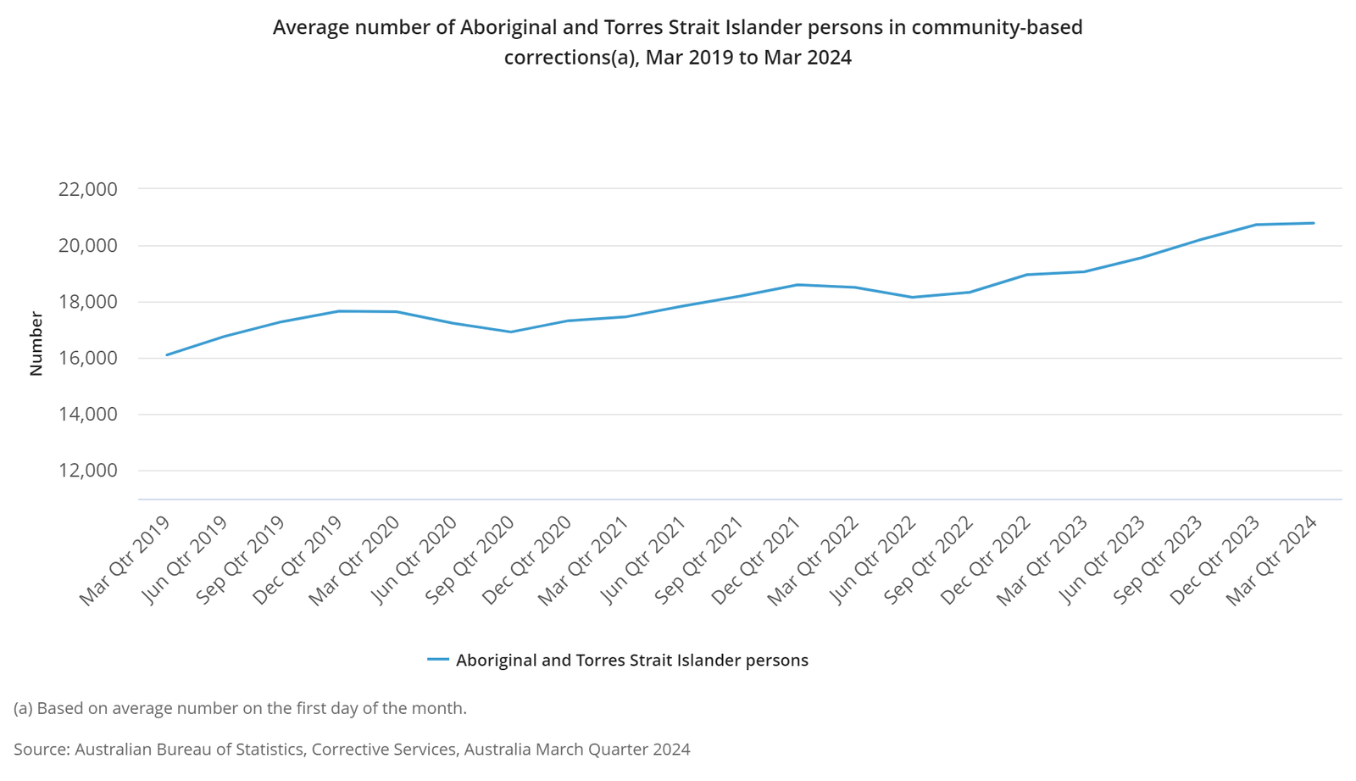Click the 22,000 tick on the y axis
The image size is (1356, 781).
pyautogui.click(x=87, y=189)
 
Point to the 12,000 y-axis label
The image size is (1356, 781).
pyautogui.click(x=87, y=471)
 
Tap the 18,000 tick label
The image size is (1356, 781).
pyautogui.click(x=87, y=302)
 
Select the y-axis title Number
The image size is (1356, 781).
pyautogui.click(x=36, y=343)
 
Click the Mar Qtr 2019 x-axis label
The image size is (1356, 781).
pyautogui.click(x=125, y=561)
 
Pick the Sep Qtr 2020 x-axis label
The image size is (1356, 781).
pyautogui.click(x=470, y=561)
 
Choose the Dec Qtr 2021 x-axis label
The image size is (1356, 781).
pyautogui.click(x=756, y=561)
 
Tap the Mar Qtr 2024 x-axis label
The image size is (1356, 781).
pyautogui.click(x=1272, y=561)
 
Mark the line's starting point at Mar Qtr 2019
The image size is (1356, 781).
pyautogui.click(x=167, y=354)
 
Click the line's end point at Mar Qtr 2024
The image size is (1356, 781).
pyautogui.click(x=1314, y=223)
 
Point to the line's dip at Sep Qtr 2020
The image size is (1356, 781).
pyautogui.click(x=511, y=332)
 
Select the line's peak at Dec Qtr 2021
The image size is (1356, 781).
pyautogui.click(x=797, y=285)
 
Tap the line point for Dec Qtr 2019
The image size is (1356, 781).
pyautogui.click(x=339, y=311)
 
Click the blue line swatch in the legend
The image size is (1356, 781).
pyautogui.click(x=437, y=660)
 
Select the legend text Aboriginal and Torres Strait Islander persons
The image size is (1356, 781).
pyautogui.click(x=631, y=661)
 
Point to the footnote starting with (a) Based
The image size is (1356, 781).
pyautogui.click(x=240, y=708)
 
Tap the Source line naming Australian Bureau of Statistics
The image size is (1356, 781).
pyautogui.click(x=352, y=750)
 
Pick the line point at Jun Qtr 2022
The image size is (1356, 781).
pyautogui.click(x=912, y=297)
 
